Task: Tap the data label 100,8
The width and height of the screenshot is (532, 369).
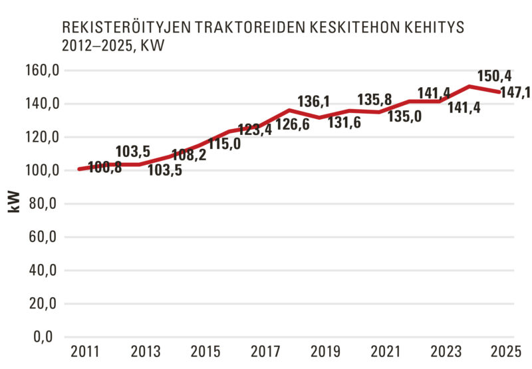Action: pos(105,168)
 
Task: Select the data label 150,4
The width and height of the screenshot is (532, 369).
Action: pos(493,75)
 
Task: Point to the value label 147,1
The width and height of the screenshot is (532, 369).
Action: pos(515,93)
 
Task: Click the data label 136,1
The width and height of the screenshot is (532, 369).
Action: pos(313,102)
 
